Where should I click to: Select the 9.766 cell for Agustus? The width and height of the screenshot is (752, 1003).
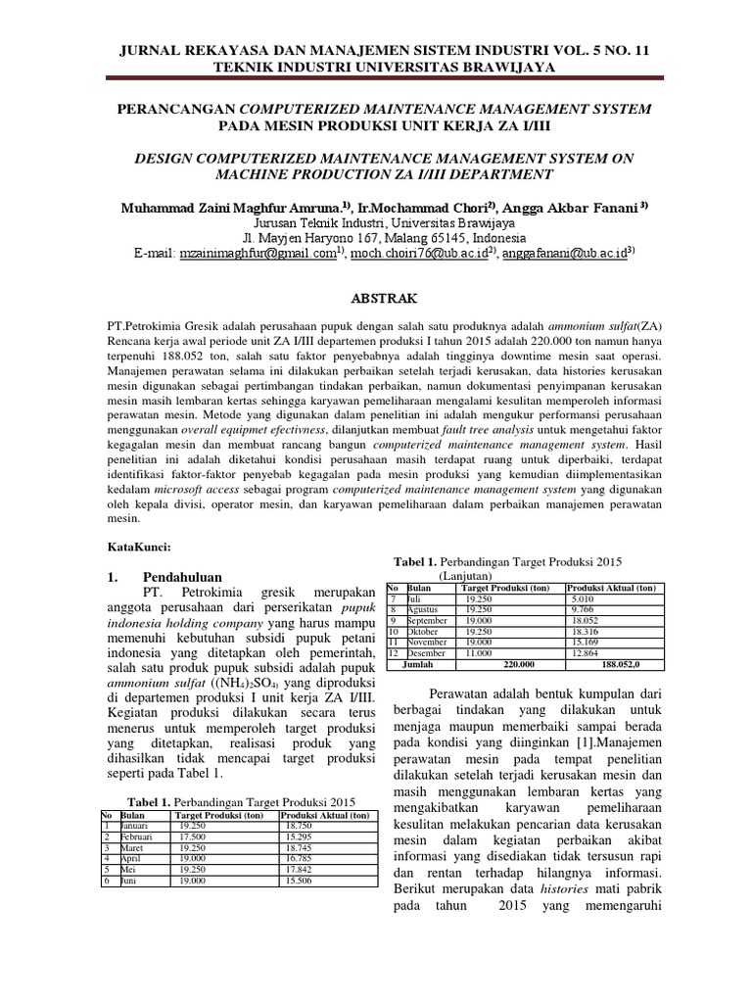click(x=584, y=609)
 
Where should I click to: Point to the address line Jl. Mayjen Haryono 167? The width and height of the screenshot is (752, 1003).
click(x=376, y=237)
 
